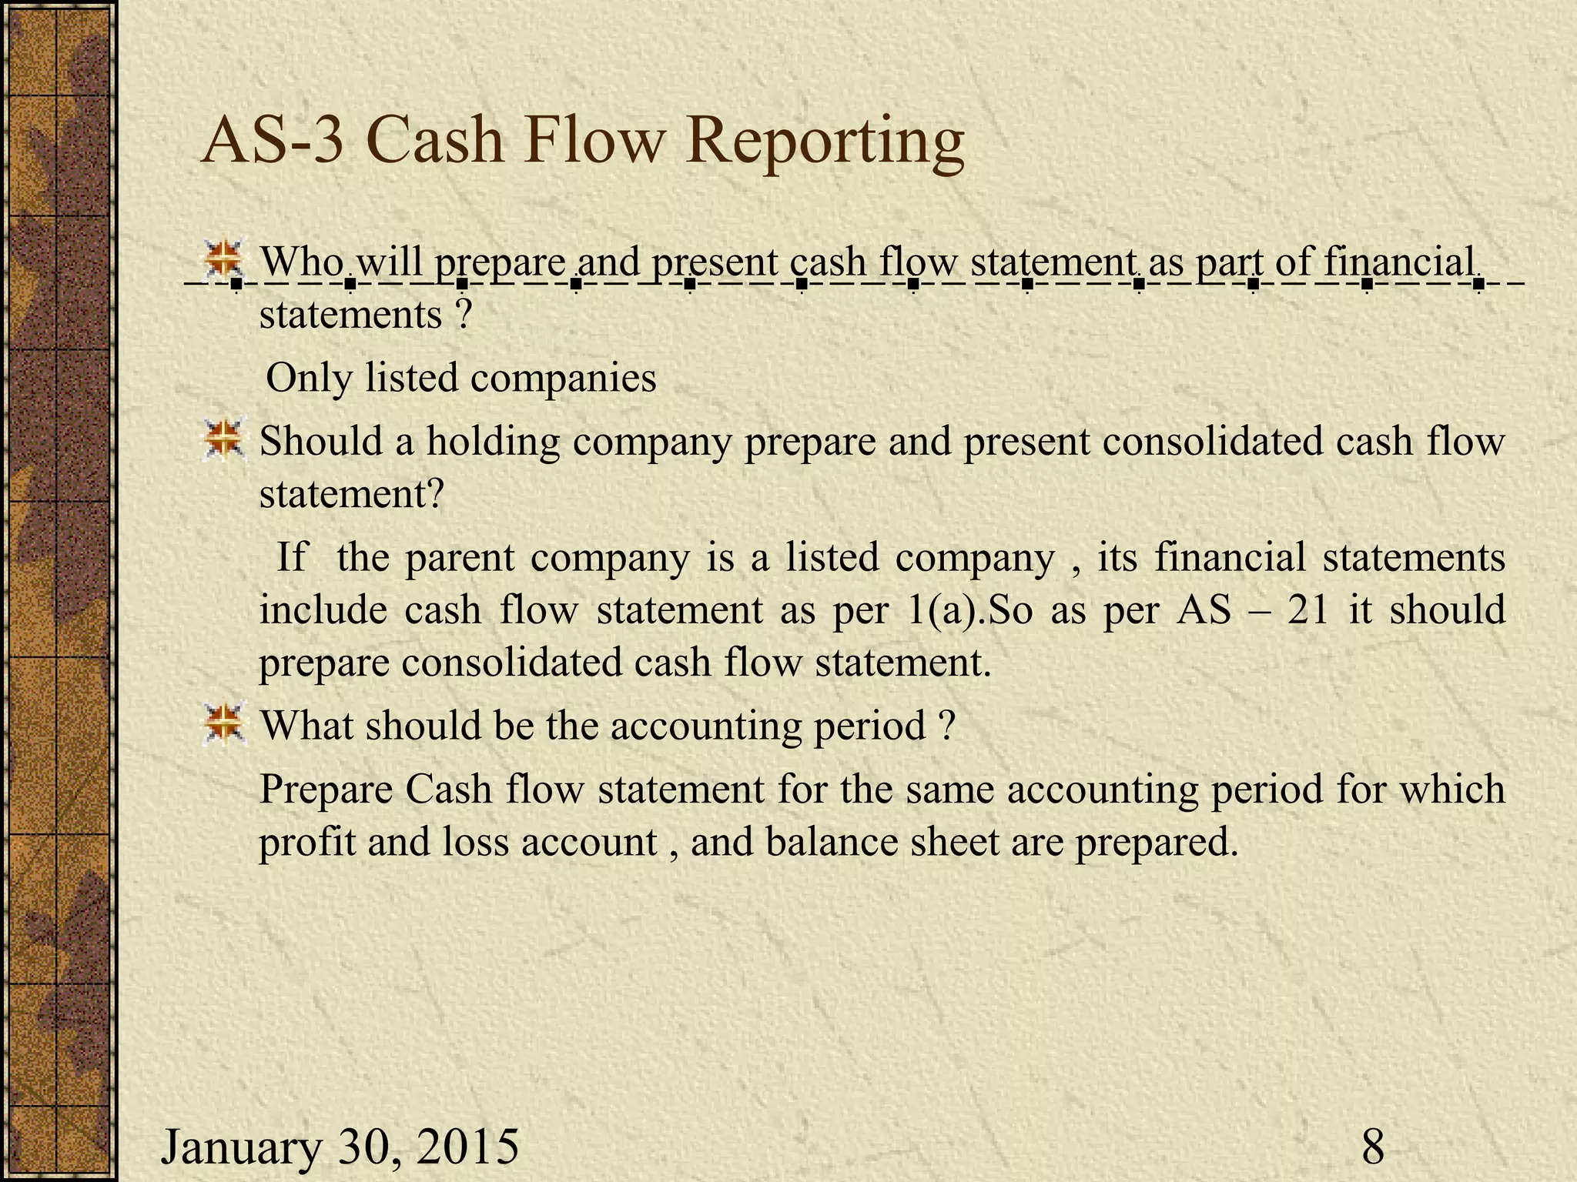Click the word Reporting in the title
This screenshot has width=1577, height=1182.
click(x=824, y=142)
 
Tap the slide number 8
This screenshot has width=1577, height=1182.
click(x=1373, y=1146)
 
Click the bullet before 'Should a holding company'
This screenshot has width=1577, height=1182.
click(x=224, y=441)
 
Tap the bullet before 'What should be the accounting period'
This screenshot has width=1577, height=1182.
click(x=224, y=724)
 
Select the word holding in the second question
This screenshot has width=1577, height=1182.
click(x=493, y=442)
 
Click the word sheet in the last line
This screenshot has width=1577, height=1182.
click(x=955, y=842)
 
